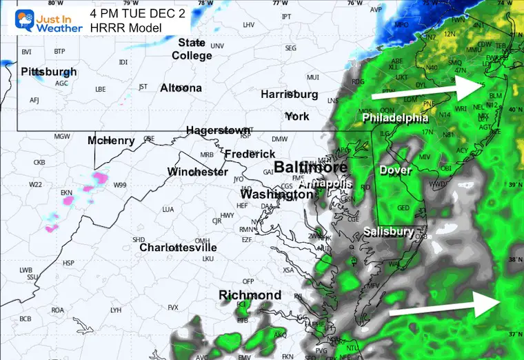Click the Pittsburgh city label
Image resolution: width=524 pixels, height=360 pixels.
pos(49,72)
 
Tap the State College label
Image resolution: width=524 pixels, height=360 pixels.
pos(192,49)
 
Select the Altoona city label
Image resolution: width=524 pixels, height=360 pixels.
pos(181,88)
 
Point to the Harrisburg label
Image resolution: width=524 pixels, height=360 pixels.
pos(290,94)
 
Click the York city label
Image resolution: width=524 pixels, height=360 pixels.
pos(297,116)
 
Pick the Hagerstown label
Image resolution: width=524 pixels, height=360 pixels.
pos(218,130)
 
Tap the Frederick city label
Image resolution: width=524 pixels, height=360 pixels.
pos(250,154)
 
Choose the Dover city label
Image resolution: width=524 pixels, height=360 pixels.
pos(395,170)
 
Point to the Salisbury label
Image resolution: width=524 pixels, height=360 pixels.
pos(389,231)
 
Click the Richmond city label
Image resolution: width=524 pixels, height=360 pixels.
pos(250,295)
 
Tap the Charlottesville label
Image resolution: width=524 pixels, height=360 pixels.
pos(178,247)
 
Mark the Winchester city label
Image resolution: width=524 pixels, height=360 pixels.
pos(197,171)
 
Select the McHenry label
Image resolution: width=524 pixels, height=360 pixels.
pos(111,141)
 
